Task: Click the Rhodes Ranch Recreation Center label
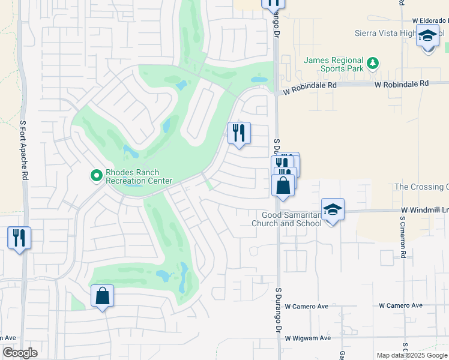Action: (139, 176)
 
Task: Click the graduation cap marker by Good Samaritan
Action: (333, 210)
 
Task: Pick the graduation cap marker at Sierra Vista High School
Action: (428, 37)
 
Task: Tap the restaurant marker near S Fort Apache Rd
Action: (19, 238)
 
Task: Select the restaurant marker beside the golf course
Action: (239, 133)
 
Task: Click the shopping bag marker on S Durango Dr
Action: (283, 185)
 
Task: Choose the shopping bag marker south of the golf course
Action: (102, 296)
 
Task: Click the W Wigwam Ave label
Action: (308, 338)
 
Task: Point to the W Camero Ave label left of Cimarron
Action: (306, 306)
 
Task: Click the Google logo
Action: (20, 353)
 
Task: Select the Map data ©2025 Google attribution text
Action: (411, 355)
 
